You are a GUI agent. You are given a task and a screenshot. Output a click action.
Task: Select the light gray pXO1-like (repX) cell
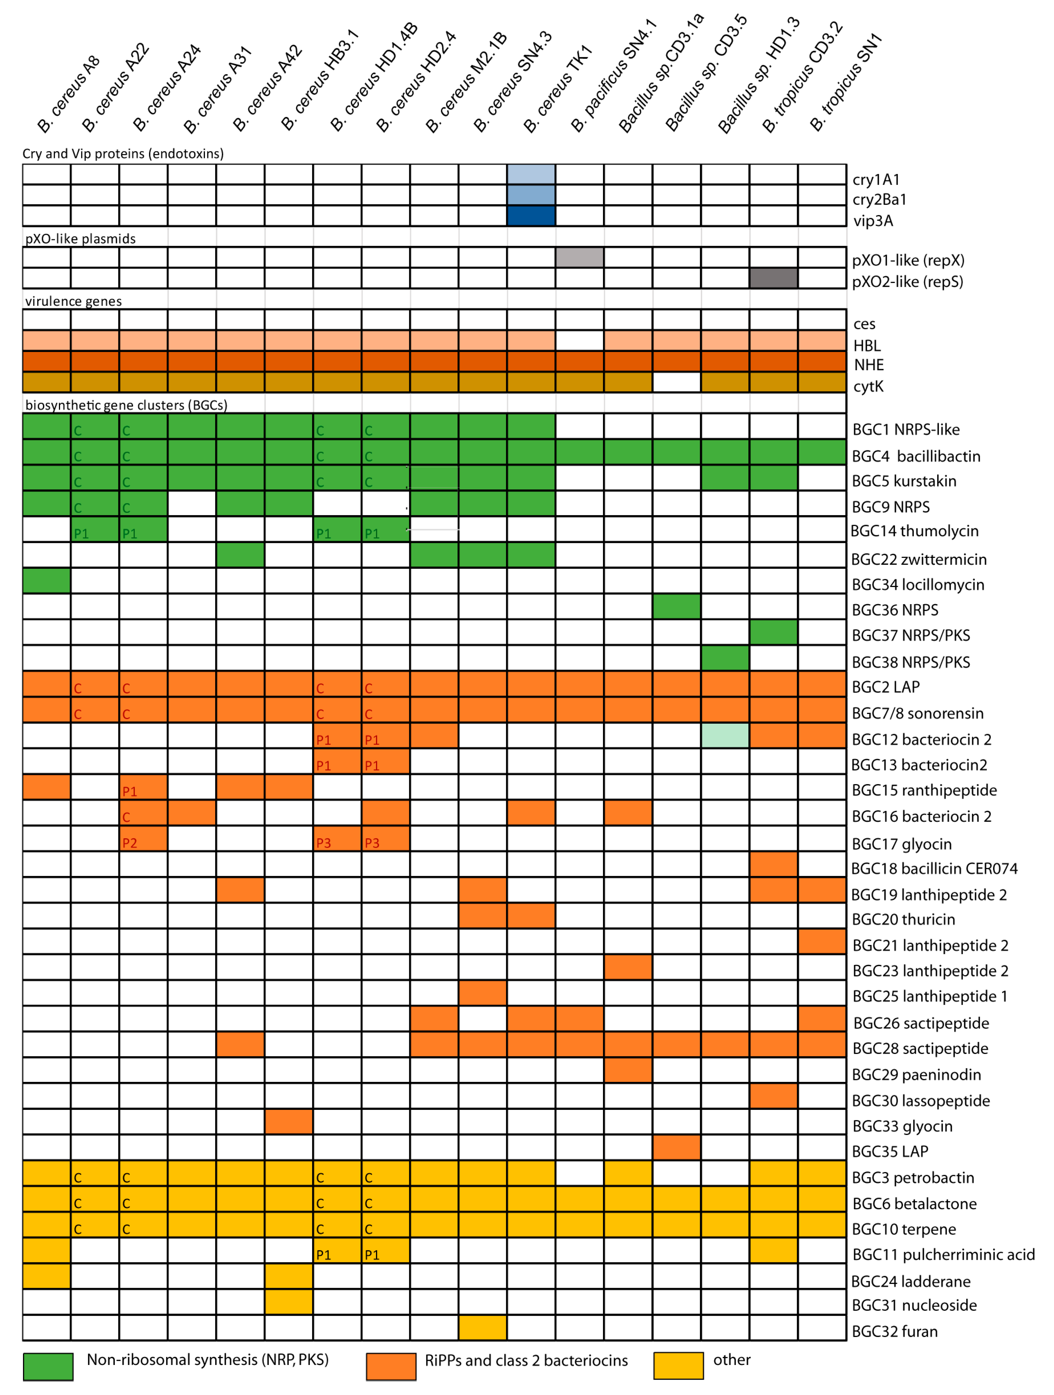coord(579,257)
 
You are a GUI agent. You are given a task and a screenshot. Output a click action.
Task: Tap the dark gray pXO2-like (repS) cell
coord(773,278)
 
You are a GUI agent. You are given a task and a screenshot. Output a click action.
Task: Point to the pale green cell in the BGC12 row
coord(725,735)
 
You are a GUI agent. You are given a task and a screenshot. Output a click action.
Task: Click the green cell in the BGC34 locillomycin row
coord(47,580)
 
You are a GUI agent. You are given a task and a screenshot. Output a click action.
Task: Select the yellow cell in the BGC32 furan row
coord(482,1328)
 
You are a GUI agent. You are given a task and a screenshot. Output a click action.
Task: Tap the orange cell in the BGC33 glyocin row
coord(289,1121)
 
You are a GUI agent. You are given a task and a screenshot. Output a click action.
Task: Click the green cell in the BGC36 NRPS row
coord(676,606)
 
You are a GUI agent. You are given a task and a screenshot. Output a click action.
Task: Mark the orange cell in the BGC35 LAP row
coord(676,1147)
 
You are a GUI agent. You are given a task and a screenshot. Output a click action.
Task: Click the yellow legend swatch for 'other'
coord(678,1366)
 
